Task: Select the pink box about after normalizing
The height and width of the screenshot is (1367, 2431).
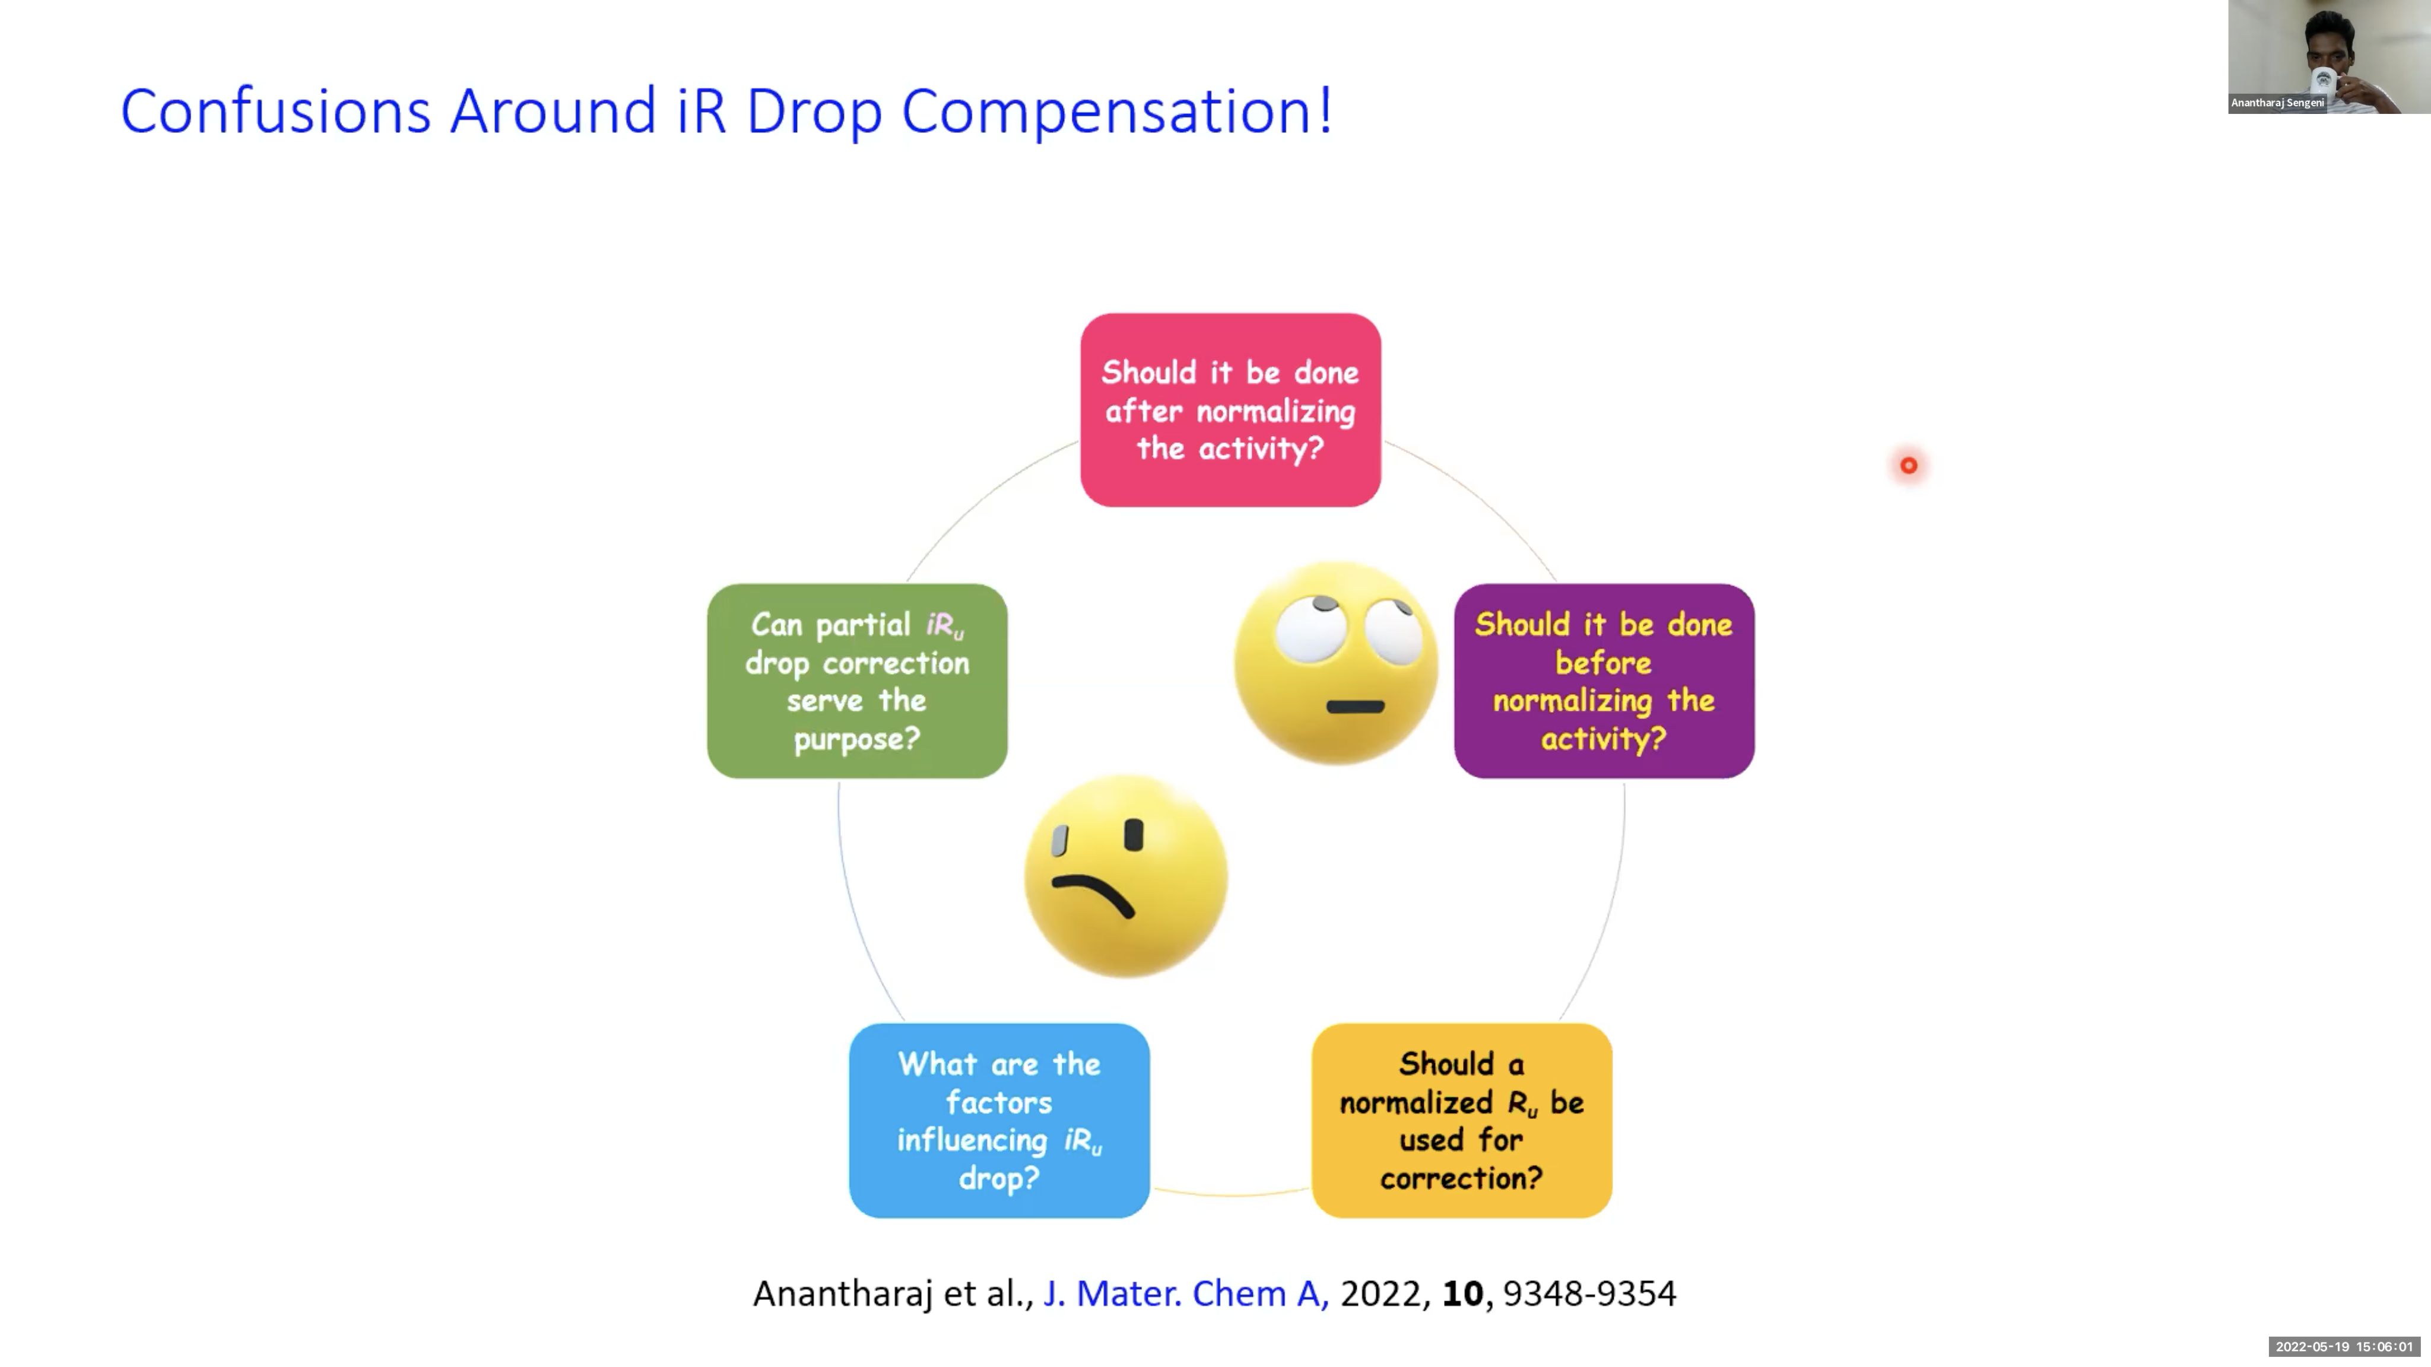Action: (x=1230, y=411)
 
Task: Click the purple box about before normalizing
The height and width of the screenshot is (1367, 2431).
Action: (x=1604, y=681)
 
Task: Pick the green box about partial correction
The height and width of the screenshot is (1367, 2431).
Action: (x=857, y=681)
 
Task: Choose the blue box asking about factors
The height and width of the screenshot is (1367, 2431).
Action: (x=999, y=1121)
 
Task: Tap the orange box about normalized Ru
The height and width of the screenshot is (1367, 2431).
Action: (x=1462, y=1121)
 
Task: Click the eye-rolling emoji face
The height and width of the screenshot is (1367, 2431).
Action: (x=1337, y=663)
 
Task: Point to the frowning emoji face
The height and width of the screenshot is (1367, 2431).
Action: (x=1126, y=876)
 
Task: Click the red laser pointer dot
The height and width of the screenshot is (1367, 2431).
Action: (x=1908, y=465)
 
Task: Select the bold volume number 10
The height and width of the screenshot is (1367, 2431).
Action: (x=1463, y=1293)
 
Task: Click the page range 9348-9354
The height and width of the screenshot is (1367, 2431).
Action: (x=1590, y=1293)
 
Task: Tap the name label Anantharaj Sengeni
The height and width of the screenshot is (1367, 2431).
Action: (x=2277, y=103)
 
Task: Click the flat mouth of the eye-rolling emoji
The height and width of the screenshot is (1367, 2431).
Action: (x=1355, y=705)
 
